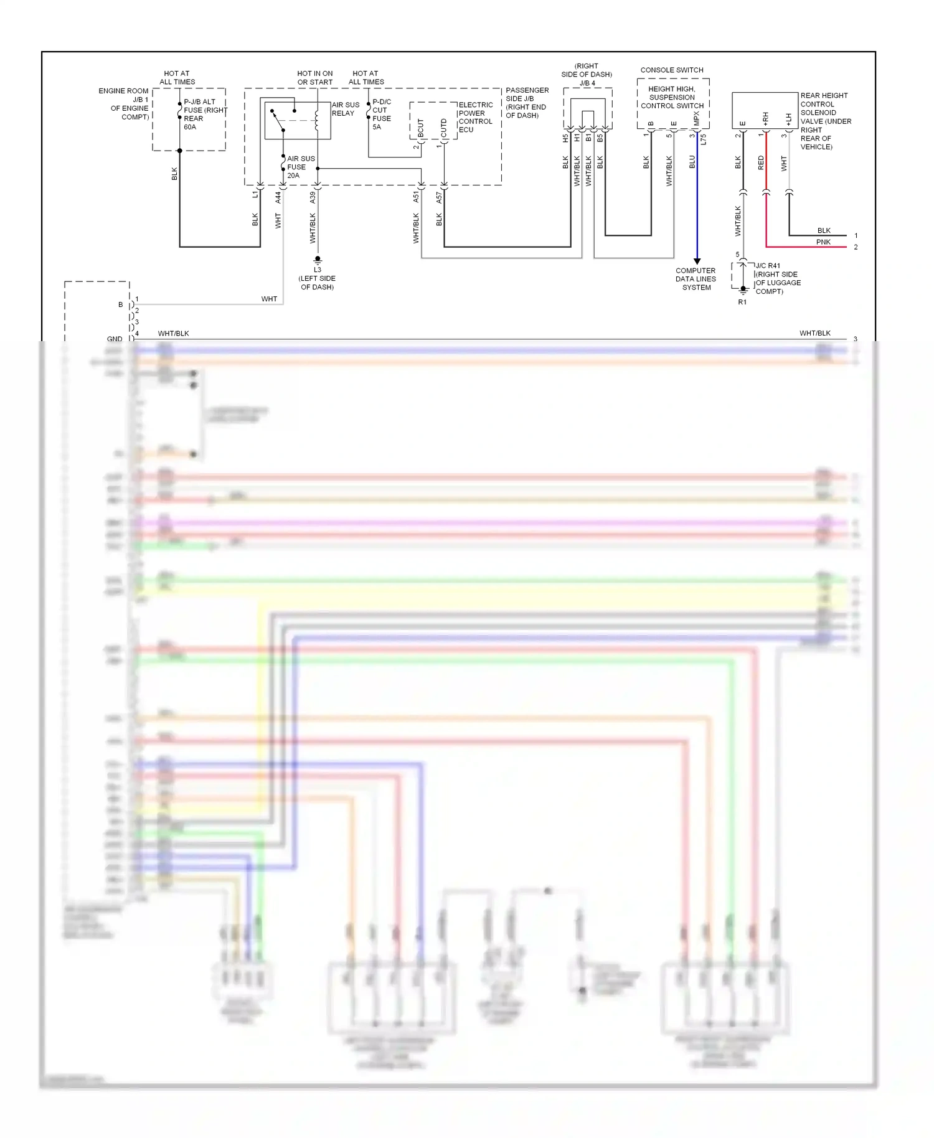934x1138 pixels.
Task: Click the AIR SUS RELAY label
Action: coord(345,109)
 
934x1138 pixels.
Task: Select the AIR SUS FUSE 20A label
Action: coord(300,167)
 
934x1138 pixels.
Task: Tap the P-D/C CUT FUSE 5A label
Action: coord(381,114)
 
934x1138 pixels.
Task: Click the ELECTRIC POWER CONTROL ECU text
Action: coord(475,117)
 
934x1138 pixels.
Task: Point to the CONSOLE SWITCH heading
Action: coord(671,70)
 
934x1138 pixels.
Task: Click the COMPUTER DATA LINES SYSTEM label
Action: coord(696,279)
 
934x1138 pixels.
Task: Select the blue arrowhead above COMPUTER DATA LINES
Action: coord(697,261)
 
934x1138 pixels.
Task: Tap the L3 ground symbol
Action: coord(318,260)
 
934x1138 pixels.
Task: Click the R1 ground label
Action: coord(742,302)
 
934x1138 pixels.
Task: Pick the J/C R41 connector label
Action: coord(768,265)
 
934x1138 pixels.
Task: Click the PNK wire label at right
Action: coord(823,242)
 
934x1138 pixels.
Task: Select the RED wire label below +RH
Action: coord(761,163)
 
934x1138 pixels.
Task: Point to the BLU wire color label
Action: coord(692,162)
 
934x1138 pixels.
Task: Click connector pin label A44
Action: coord(278,197)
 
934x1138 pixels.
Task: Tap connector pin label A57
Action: coord(439,197)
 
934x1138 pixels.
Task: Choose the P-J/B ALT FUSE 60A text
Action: coord(200,114)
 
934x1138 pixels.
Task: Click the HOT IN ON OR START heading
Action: coord(315,77)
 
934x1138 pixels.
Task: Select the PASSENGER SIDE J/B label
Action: coord(527,103)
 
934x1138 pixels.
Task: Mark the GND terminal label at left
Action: coord(115,339)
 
